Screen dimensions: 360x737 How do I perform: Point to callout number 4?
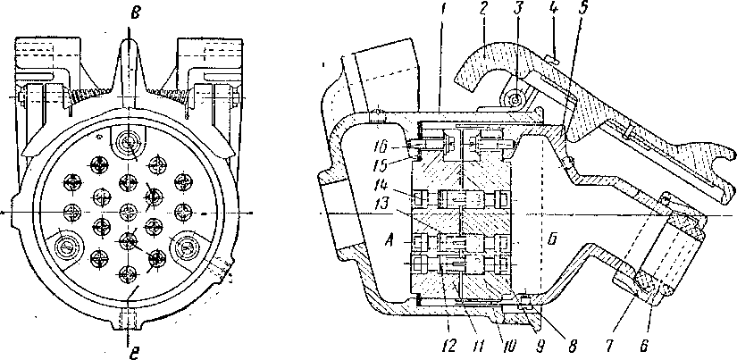(x=552, y=9)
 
